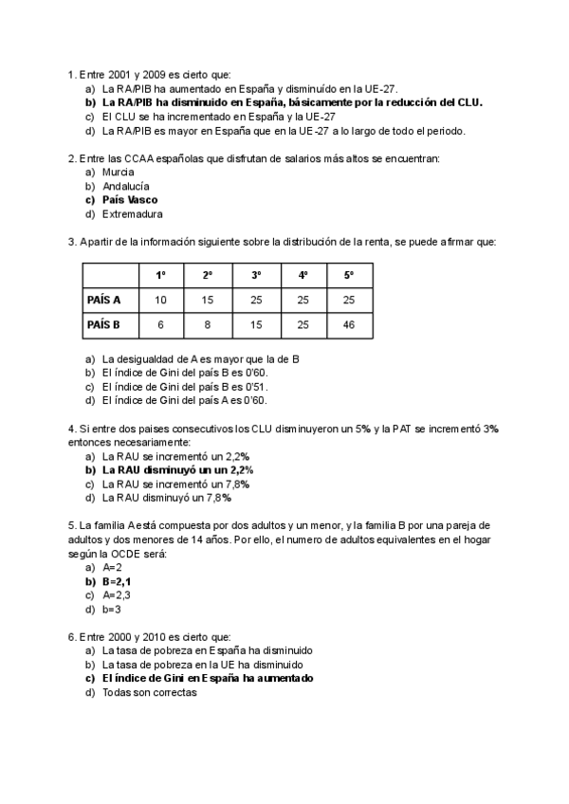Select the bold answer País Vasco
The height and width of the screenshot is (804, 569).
click(130, 200)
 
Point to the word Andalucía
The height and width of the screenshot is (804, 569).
click(125, 187)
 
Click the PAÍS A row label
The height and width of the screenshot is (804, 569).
click(103, 300)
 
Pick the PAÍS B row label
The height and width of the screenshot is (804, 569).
click(103, 324)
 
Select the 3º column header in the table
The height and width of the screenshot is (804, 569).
click(256, 275)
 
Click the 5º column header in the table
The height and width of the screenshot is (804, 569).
click(349, 275)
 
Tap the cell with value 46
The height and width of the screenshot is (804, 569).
click(349, 324)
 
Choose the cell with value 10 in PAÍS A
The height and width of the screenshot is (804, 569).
click(161, 300)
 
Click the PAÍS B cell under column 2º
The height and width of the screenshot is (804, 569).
click(208, 324)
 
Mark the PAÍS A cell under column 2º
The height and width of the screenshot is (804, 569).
click(208, 300)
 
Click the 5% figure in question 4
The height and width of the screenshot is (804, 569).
click(364, 429)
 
